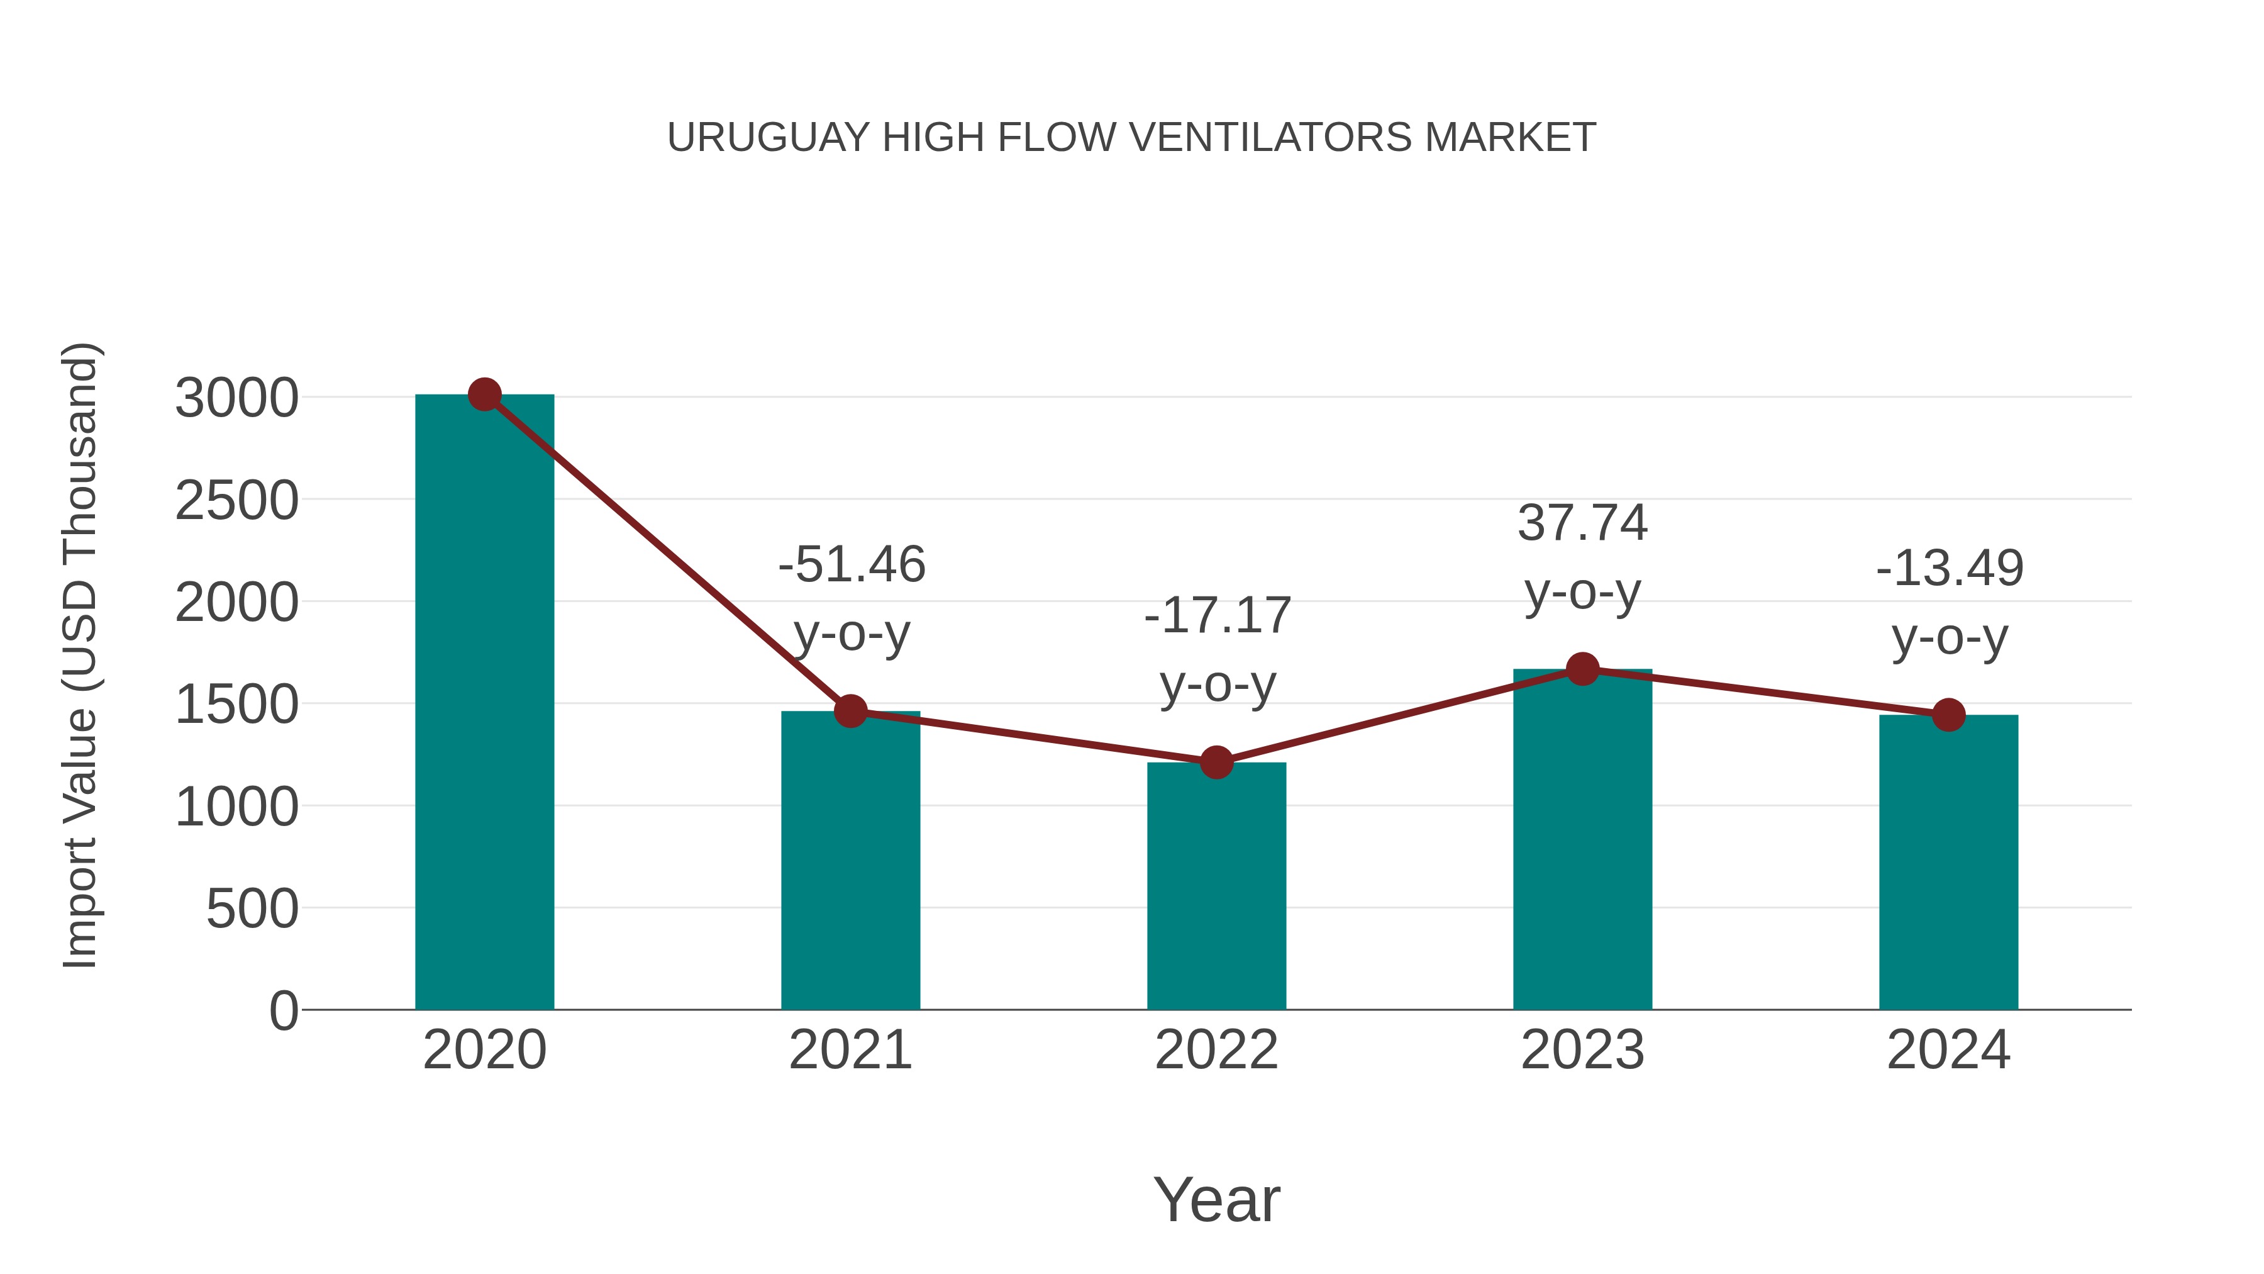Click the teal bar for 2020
[x=484, y=703]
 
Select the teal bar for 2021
[x=850, y=862]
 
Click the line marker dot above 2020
[x=484, y=394]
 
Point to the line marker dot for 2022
[x=1216, y=763]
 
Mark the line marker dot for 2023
[x=1582, y=669]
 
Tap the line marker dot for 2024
[x=1948, y=715]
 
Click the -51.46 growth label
[x=852, y=564]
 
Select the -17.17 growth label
[x=1218, y=615]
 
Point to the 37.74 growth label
[x=1582, y=523]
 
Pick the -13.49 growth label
[x=1950, y=568]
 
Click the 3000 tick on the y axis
[x=236, y=398]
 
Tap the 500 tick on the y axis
[x=252, y=908]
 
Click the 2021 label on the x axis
[x=850, y=1050]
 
